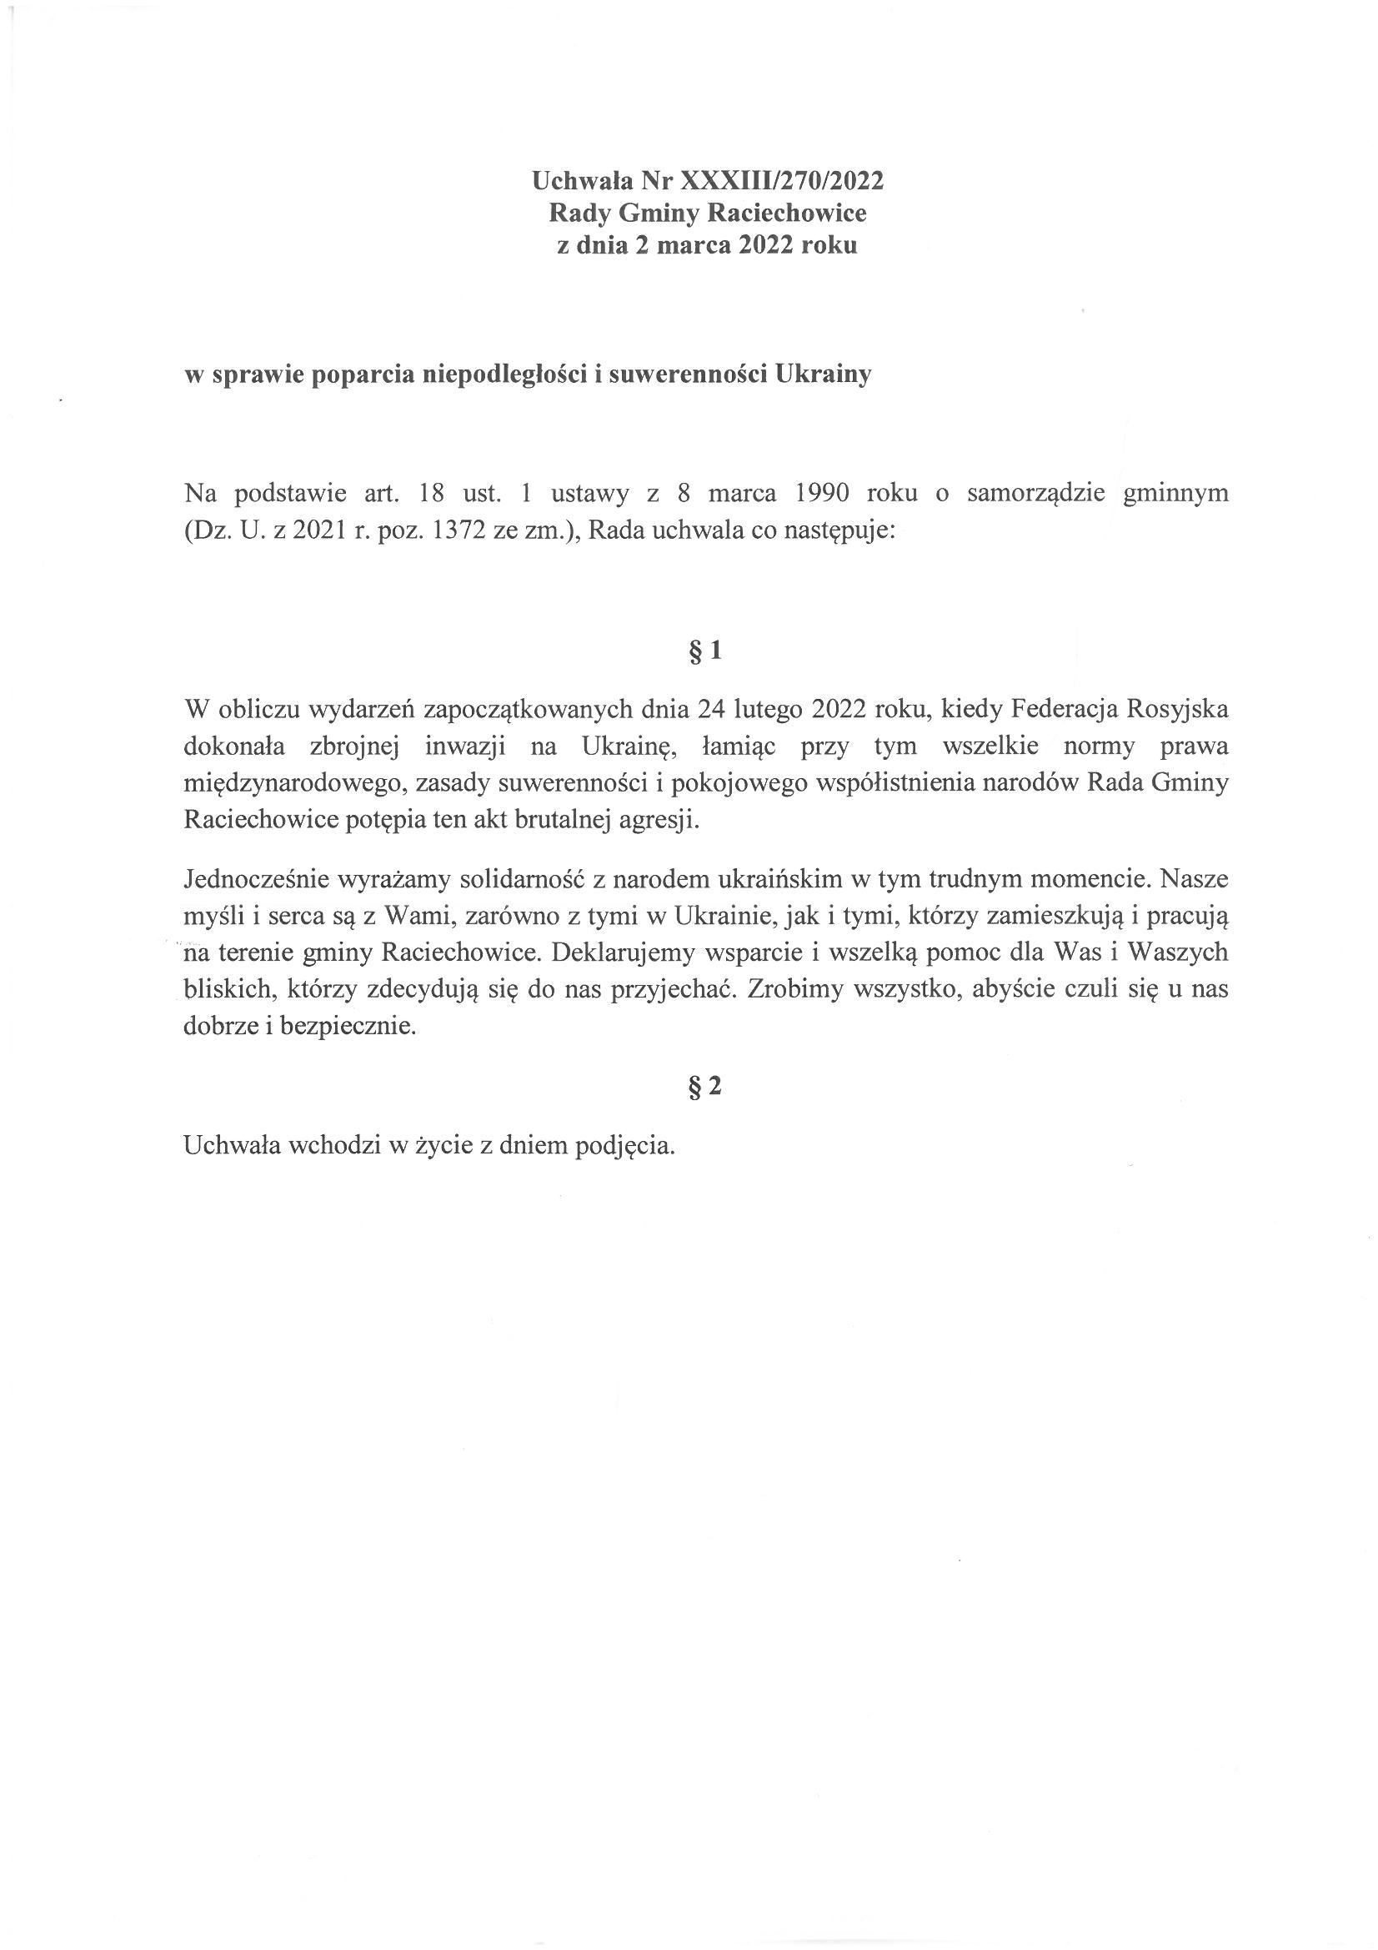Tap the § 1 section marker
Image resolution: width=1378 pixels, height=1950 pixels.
(704, 651)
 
